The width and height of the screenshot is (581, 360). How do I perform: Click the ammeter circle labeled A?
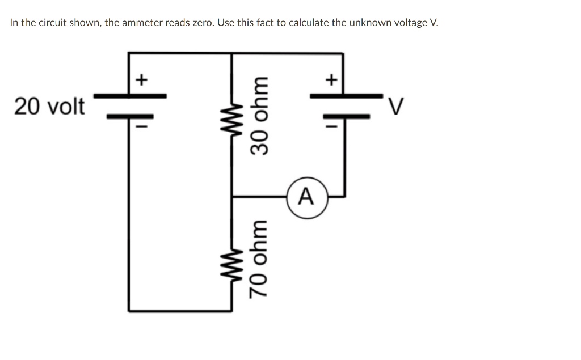pos(307,197)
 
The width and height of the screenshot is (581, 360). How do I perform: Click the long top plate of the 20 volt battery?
pos(130,96)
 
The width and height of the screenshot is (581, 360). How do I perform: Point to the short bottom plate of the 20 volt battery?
pos(130,117)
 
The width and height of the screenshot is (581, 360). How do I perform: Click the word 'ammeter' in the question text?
pos(142,23)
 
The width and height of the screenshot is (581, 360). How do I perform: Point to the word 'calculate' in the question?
pos(308,23)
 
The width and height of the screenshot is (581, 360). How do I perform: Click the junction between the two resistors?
pos(231,197)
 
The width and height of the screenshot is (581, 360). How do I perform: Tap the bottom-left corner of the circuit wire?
pos(129,311)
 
